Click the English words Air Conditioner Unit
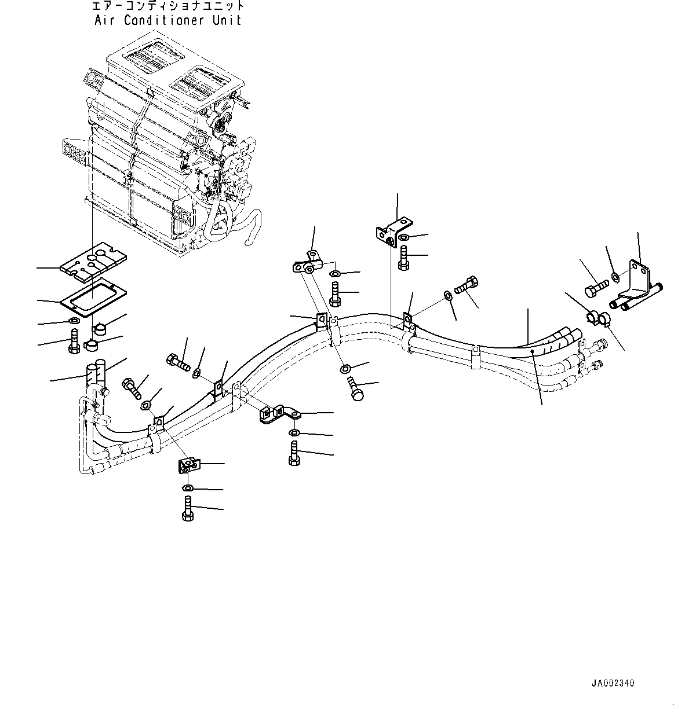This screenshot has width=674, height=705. (167, 20)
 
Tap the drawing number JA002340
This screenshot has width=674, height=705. (613, 684)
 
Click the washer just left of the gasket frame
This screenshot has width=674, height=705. (75, 321)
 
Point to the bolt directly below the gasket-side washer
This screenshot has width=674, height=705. (74, 340)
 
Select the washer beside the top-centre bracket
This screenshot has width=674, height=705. (405, 237)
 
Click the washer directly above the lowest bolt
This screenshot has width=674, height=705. (187, 487)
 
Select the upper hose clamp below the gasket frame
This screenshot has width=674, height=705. (99, 329)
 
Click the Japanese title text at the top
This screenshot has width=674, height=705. (167, 6)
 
